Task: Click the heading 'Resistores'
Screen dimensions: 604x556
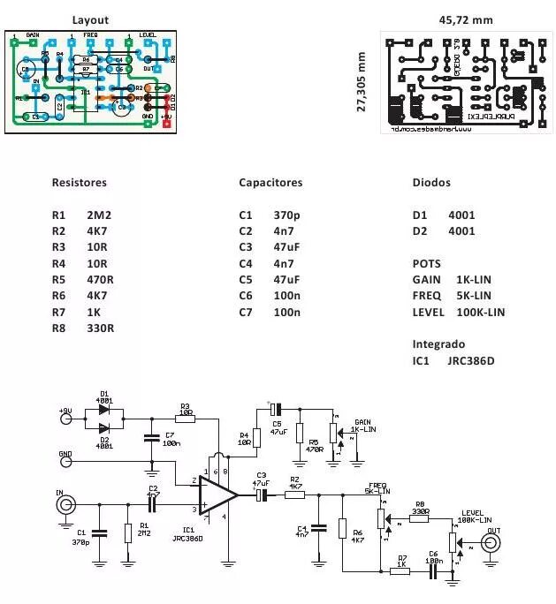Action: tap(79, 183)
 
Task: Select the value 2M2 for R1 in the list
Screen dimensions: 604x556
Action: tap(100, 215)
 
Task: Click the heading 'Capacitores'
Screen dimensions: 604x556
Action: tap(270, 183)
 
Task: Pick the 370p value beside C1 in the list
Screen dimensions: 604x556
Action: tap(288, 215)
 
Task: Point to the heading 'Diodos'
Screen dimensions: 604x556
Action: tap(431, 183)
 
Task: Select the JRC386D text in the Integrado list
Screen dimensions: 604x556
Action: tap(471, 361)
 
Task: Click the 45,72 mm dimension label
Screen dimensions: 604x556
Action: tap(466, 19)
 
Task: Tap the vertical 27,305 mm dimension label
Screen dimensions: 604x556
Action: tap(361, 80)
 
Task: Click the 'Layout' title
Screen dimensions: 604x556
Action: tap(90, 19)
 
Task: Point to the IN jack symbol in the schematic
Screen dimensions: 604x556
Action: tap(65, 506)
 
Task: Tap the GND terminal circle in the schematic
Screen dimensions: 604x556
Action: tap(65, 461)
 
